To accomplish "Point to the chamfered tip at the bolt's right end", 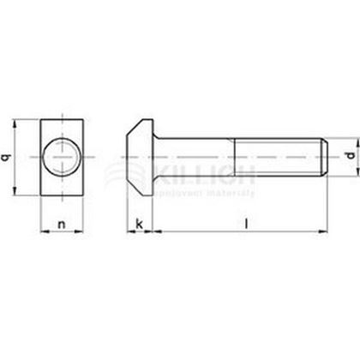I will click(x=324, y=159).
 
